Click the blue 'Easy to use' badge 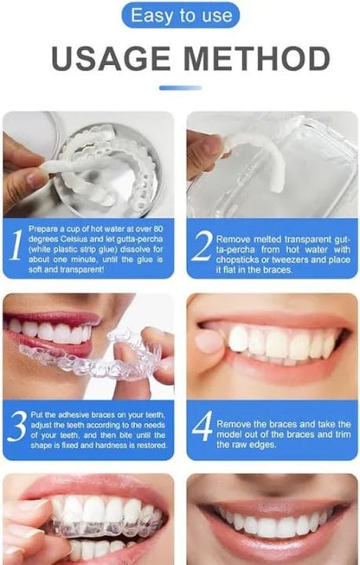coord(180,15)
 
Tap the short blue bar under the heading coord(180,87)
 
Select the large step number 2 coord(201,246)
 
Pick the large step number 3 coord(17,426)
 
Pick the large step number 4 coord(202,426)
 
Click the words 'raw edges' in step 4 coord(246,445)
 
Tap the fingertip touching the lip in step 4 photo coord(209,341)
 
